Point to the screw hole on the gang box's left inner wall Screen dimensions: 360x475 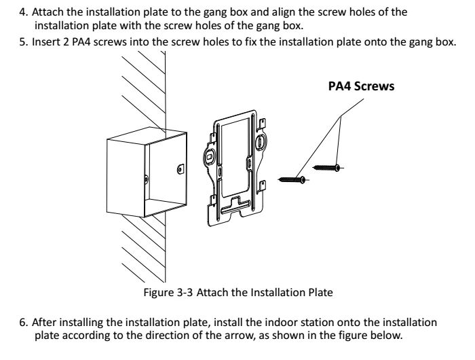pos(147,178)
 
